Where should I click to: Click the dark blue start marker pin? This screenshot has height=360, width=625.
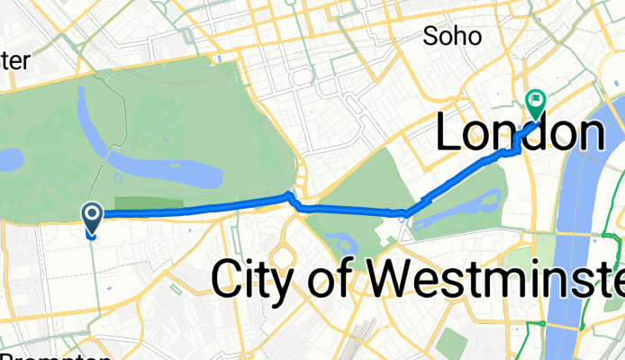point(93,217)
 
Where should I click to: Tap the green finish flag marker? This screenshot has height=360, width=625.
point(536,103)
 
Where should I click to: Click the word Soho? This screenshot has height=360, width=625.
point(454,36)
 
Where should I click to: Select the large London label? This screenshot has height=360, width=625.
point(520,134)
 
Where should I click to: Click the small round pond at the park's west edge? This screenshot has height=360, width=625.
point(10,160)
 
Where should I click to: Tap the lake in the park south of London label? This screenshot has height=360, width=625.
point(459,203)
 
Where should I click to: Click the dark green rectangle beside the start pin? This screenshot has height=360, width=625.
point(148,204)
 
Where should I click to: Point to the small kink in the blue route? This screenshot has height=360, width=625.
point(289,196)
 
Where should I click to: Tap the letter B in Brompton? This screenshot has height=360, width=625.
point(7,355)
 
